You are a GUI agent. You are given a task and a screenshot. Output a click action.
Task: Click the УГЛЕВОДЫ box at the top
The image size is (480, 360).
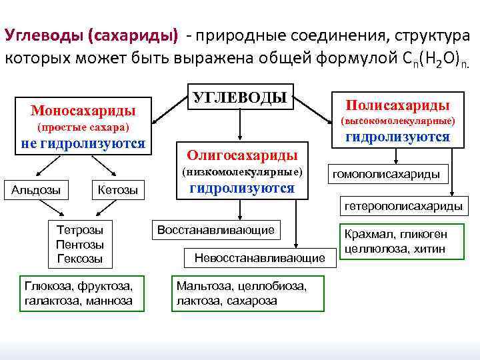click(239, 97)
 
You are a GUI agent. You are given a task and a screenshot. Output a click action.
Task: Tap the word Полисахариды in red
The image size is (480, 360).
click(397, 105)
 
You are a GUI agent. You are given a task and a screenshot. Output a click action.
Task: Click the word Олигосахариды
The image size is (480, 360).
click(242, 155)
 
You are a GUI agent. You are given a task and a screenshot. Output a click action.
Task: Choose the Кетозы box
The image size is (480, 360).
click(117, 190)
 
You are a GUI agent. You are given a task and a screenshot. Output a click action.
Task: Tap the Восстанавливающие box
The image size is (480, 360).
click(215, 230)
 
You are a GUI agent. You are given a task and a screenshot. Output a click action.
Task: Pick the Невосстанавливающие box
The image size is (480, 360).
click(259, 257)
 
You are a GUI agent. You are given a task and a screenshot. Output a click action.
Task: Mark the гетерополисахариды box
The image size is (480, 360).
click(403, 206)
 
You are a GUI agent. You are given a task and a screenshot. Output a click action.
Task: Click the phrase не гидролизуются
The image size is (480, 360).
click(83, 143)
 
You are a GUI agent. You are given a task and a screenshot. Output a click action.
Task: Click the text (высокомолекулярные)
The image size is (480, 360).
click(398, 121)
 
